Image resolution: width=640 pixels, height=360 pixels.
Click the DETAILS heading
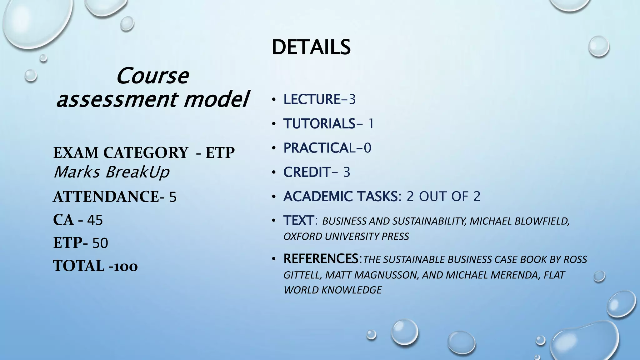(311, 47)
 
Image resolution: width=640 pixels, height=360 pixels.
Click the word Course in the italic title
(152, 76)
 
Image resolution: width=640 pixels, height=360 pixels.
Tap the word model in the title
(216, 99)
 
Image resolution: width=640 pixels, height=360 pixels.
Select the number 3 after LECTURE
(352, 100)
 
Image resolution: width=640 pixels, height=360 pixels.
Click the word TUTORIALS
(319, 124)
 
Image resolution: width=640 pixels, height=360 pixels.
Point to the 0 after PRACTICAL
(367, 148)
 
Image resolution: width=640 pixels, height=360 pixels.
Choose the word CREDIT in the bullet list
(307, 172)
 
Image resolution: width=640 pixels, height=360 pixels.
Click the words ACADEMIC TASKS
(340, 197)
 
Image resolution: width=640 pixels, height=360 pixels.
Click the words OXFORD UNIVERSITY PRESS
(346, 237)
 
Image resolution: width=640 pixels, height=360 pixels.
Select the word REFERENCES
(321, 259)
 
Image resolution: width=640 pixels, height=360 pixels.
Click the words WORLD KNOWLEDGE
(332, 290)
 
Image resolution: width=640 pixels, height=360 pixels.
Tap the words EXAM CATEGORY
(121, 153)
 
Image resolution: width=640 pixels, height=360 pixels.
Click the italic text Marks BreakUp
(111, 172)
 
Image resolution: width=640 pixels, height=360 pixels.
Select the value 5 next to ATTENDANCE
(173, 197)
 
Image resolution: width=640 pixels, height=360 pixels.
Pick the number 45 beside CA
(95, 220)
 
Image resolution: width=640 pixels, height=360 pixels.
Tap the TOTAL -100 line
(95, 266)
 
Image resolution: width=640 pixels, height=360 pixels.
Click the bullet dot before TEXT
(274, 221)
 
